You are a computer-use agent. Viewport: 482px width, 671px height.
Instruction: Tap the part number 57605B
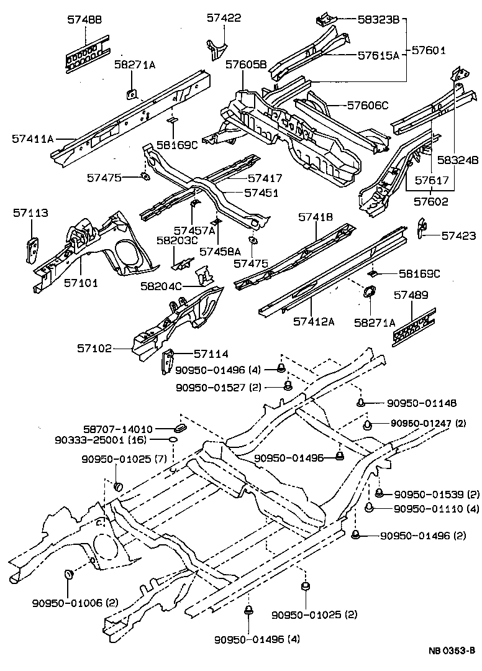coord(246,65)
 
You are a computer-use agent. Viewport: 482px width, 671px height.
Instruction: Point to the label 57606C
coord(368,106)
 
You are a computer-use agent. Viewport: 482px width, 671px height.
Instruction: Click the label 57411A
coord(32,139)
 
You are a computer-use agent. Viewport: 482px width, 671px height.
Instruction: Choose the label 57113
coord(30,213)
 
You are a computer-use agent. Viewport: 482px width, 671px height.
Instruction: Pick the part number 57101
coord(81,283)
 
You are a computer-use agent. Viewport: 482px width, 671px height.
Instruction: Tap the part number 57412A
coord(314,321)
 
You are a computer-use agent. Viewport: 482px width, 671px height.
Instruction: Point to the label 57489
coord(411,298)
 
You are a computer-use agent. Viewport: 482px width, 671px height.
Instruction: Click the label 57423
coord(459,236)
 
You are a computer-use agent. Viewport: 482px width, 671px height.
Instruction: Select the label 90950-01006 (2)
coord(75,602)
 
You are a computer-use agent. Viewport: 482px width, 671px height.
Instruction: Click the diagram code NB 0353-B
coord(451,651)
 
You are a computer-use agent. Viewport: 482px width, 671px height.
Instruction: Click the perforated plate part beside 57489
coord(412,326)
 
